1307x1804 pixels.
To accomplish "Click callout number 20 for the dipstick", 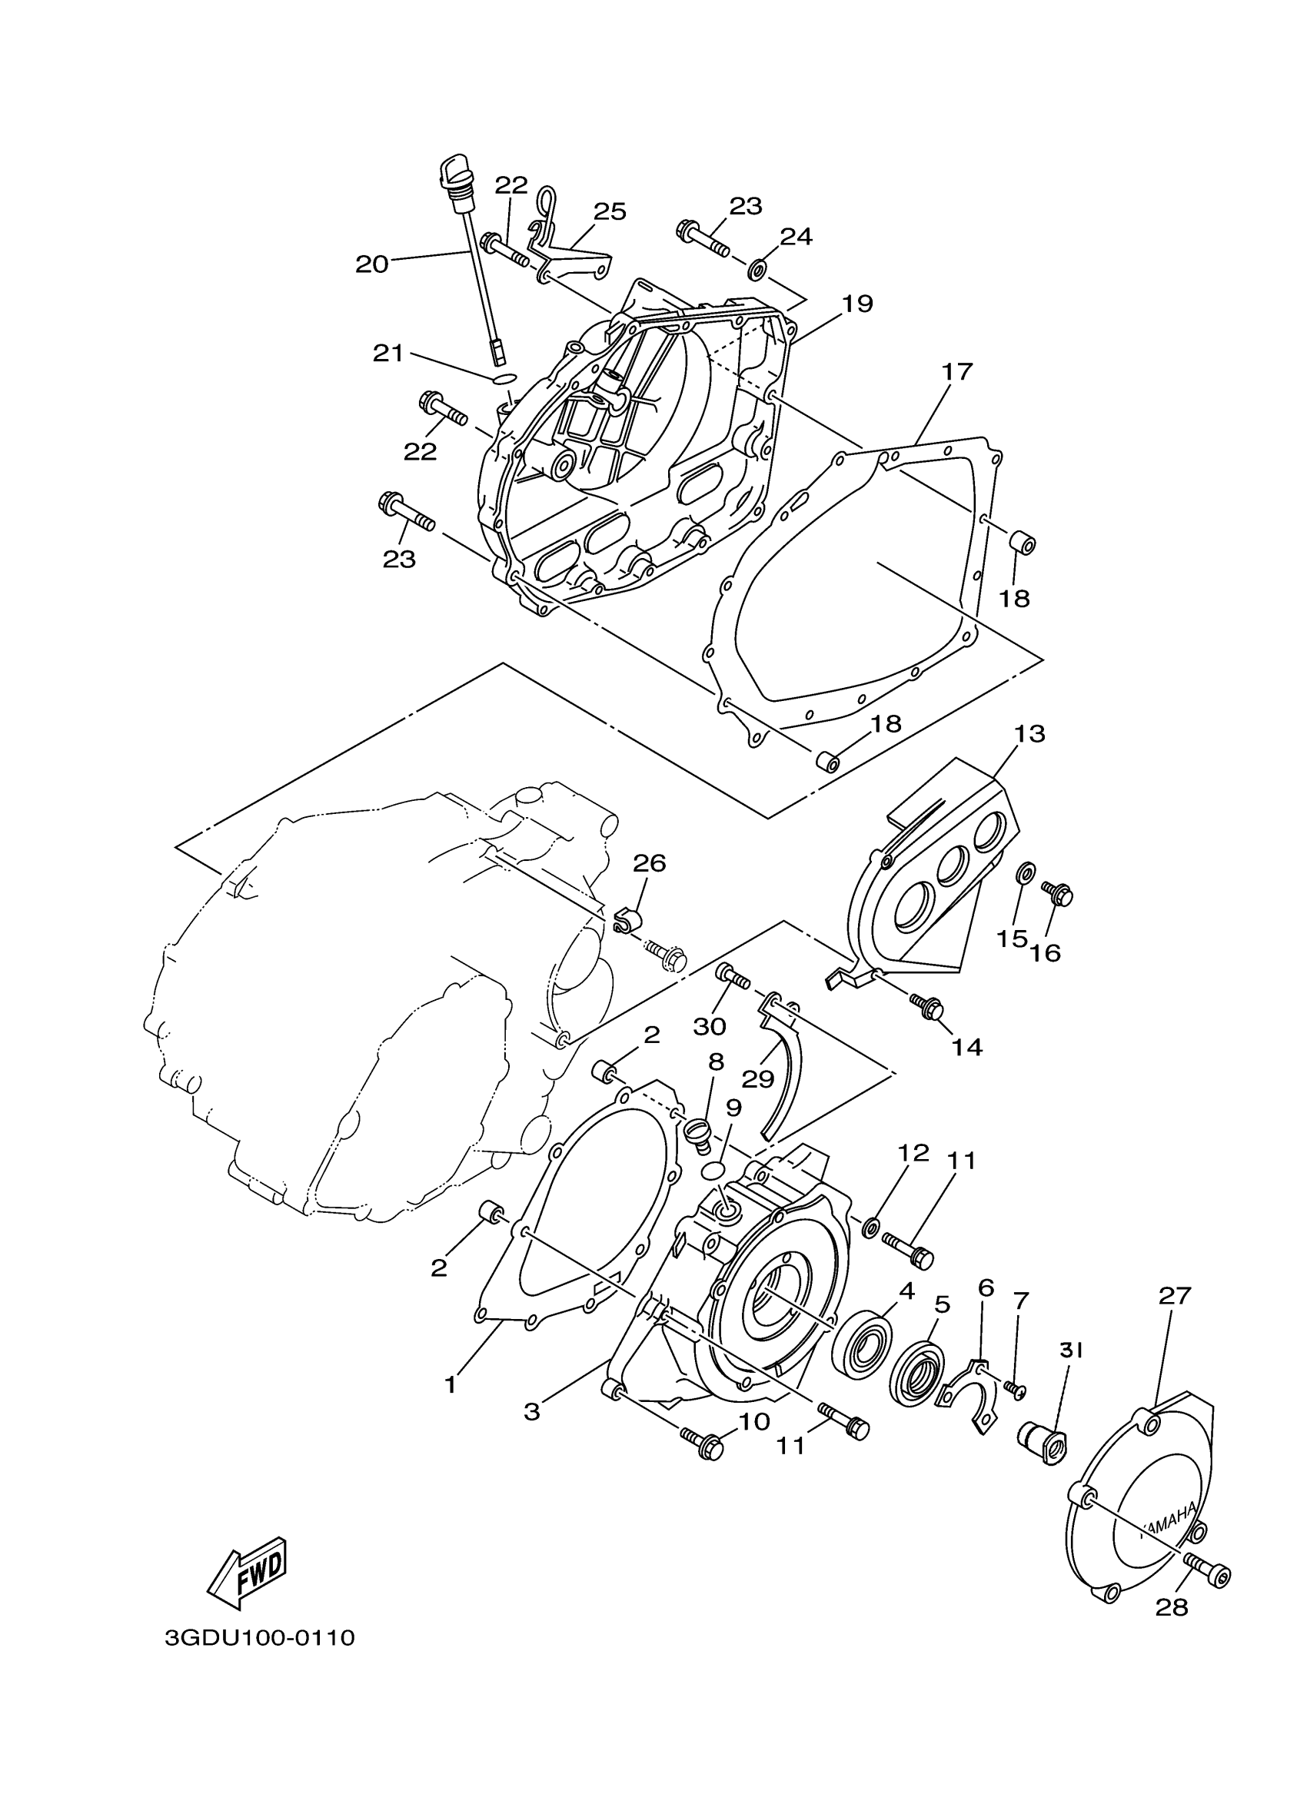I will pyautogui.click(x=371, y=264).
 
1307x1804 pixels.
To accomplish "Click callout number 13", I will pyautogui.click(x=1029, y=733).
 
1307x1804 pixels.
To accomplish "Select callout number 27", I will pyautogui.click(x=1174, y=1296).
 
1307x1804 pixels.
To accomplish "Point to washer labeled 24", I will pyautogui.click(x=757, y=268).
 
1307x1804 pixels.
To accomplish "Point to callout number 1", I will pyautogui.click(x=451, y=1385).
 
